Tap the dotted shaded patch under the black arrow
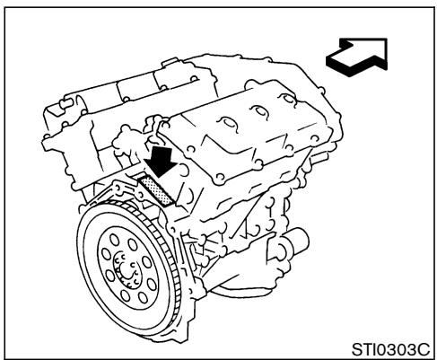click(x=155, y=192)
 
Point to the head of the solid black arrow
click(x=162, y=176)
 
